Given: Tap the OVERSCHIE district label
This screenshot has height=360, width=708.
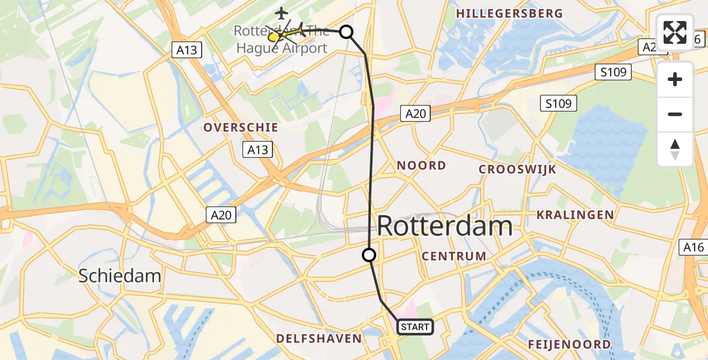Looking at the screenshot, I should point(241,127).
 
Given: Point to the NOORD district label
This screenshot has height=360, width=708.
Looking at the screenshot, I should point(421,166).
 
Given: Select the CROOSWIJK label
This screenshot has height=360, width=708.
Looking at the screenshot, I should point(517,170).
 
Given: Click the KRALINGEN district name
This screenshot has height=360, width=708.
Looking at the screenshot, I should point(575,215).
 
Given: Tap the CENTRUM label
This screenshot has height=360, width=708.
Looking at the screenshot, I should point(454,256).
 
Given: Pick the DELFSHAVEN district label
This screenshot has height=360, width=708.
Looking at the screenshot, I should point(319,338).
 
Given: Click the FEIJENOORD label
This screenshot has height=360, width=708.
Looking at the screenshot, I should point(569,344).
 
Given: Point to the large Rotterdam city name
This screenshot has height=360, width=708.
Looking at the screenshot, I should point(445,227).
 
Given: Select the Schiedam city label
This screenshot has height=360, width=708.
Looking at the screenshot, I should point(121,276).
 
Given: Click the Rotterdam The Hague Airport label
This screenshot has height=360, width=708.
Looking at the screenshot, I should point(281,40).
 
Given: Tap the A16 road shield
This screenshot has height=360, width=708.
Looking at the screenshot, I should point(692,247).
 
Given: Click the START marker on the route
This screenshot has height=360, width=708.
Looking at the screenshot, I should point(414,327).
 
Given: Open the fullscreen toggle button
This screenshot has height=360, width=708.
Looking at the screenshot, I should point(675,32).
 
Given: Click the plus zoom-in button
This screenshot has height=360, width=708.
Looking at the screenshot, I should point(675,79).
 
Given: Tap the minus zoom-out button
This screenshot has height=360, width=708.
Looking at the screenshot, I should point(675,114).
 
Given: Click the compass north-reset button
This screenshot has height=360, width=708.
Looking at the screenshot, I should point(675,149).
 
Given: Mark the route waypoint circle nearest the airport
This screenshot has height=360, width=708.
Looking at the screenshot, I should point(346,32).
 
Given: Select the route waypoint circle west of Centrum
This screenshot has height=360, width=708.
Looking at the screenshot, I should point(369,255).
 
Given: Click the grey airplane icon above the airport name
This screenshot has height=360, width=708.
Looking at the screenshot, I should point(281,12).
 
